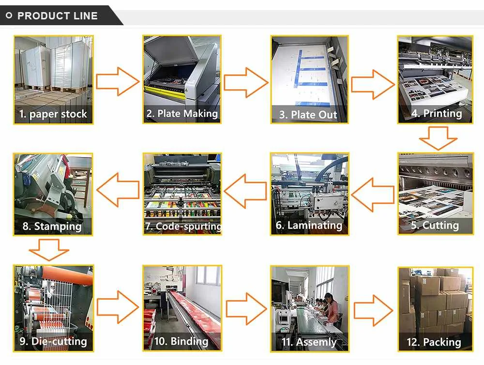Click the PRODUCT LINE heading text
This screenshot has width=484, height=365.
[57, 16]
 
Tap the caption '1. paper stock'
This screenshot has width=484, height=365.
[53, 114]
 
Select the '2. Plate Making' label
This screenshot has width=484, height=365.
[182, 114]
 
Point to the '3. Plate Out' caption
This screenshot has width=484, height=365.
[308, 115]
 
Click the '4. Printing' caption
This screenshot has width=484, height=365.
[436, 113]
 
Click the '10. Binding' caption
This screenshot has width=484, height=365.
[181, 341]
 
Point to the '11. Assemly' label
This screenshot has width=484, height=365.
[309, 342]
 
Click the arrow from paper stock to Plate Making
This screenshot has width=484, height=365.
[117, 81]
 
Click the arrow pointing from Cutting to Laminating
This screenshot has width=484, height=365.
[373, 194]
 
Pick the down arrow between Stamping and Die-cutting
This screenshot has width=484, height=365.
[48, 250]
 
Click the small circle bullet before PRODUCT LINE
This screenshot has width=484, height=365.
[9, 16]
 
